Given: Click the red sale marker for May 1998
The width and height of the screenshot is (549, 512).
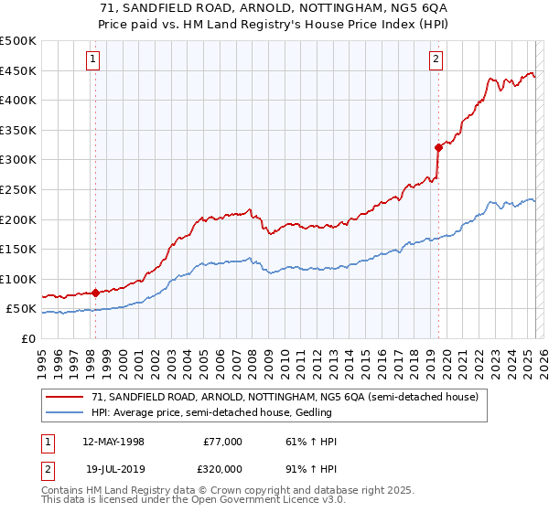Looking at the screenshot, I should pyautogui.click(x=95, y=293).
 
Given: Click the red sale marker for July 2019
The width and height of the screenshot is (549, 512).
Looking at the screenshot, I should pyautogui.click(x=438, y=147).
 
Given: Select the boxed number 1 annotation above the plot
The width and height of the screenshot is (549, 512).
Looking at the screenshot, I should pyautogui.click(x=93, y=60).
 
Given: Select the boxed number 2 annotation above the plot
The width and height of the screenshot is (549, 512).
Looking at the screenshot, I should pyautogui.click(x=436, y=60).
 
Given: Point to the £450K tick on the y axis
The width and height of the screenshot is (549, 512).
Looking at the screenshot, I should pyautogui.click(x=18, y=70).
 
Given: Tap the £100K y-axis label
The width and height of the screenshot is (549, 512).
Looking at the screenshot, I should pyautogui.click(x=18, y=279).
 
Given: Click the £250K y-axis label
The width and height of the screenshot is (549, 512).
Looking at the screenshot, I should pyautogui.click(x=18, y=189).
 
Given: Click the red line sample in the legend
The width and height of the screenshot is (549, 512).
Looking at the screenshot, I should pyautogui.click(x=65, y=397).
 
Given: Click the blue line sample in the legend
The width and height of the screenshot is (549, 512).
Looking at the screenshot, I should pyautogui.click(x=65, y=412).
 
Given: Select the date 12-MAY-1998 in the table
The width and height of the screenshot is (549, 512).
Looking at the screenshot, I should pyautogui.click(x=113, y=442).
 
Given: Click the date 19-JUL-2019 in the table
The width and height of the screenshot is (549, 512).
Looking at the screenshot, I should pyautogui.click(x=113, y=467).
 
